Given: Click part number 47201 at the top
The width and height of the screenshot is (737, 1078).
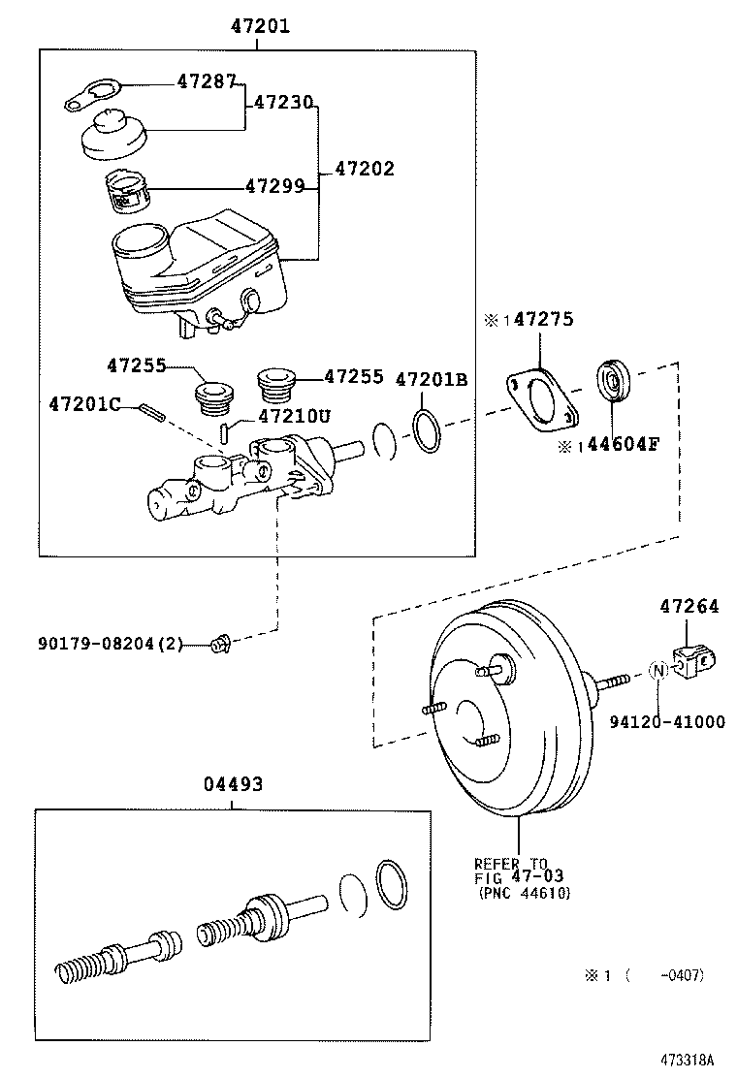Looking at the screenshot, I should click(259, 26).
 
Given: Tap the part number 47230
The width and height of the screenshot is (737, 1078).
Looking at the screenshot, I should click(284, 101).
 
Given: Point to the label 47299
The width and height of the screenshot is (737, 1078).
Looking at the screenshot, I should click(274, 186).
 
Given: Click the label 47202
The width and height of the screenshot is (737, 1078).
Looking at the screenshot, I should click(365, 169).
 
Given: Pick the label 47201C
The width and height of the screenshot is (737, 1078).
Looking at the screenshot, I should click(83, 403).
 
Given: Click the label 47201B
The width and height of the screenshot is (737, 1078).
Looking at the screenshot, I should click(432, 380).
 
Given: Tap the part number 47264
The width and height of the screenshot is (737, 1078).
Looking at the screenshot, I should click(689, 607).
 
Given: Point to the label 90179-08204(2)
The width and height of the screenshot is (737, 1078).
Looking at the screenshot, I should click(111, 643).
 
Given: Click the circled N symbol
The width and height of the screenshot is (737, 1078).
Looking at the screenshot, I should click(657, 670).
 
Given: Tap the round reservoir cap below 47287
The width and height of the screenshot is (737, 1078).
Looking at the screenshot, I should click(111, 134).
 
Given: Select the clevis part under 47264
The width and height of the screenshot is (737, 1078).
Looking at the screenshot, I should click(695, 664).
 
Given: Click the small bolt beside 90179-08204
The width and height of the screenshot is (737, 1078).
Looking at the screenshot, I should click(220, 642).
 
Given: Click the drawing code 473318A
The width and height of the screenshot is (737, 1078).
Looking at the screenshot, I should click(689, 1059).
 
